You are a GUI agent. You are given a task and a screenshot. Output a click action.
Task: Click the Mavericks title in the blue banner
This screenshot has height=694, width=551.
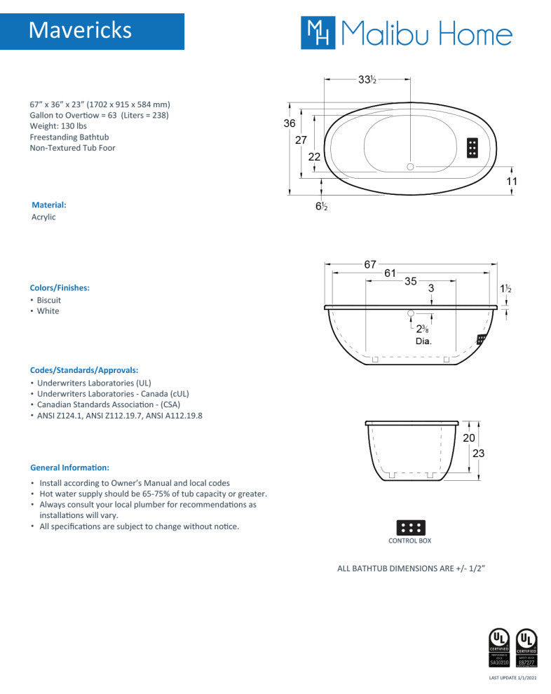(x=81, y=30)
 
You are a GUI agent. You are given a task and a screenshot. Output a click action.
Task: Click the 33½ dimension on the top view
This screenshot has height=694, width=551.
(x=367, y=80)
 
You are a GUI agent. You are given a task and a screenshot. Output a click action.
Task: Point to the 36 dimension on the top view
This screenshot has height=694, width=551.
(x=289, y=123)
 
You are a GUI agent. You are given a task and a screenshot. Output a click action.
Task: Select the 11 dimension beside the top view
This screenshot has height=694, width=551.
(x=512, y=181)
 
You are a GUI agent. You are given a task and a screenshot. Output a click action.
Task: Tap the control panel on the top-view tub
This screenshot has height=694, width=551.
(x=472, y=147)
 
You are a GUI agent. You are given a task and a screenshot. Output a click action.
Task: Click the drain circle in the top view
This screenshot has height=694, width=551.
(x=411, y=167)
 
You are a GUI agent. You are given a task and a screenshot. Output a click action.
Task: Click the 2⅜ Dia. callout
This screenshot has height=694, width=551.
(x=423, y=334)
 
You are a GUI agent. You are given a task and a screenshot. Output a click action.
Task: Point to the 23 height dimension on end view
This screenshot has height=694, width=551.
(x=478, y=453)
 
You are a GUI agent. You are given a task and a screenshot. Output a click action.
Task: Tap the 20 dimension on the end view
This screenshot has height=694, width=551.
(x=469, y=438)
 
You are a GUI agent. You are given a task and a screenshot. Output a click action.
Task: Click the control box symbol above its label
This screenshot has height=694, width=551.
(x=410, y=527)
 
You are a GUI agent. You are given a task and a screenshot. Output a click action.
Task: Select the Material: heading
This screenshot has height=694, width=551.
(x=49, y=205)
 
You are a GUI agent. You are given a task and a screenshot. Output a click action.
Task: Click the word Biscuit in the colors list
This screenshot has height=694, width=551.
(x=49, y=300)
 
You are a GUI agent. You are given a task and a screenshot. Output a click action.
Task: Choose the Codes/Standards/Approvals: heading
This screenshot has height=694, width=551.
(x=84, y=369)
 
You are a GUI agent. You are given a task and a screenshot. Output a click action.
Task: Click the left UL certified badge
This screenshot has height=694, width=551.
(x=498, y=647)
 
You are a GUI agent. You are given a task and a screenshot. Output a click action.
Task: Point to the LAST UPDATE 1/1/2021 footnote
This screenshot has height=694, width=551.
(x=512, y=678)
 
